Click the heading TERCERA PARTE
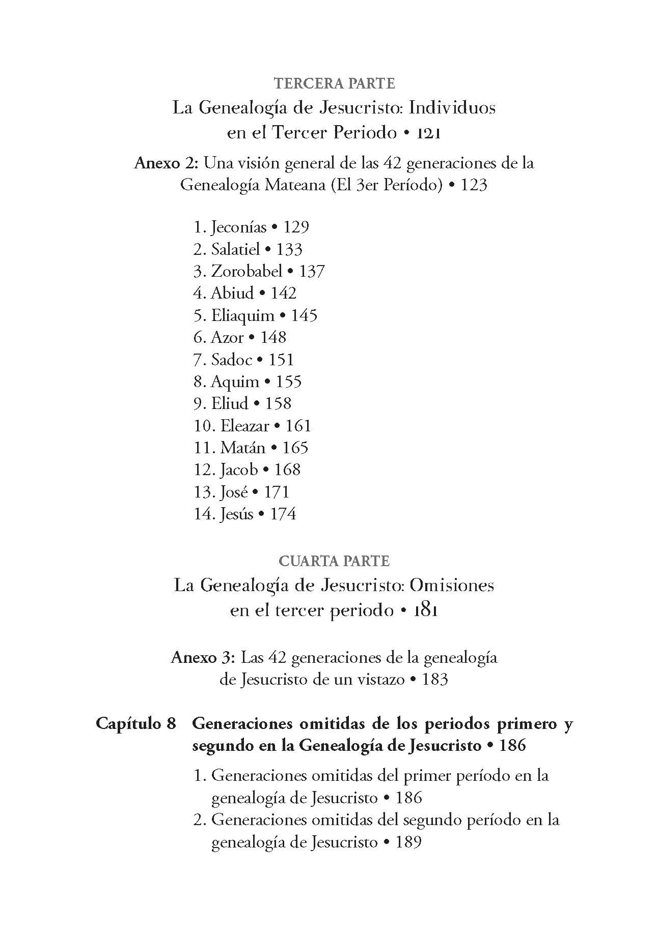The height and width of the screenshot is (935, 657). coord(334,83)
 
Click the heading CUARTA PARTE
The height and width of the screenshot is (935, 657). coord(334,561)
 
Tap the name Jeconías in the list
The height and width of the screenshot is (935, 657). coord(238,227)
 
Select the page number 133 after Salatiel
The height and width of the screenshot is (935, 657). coord(289,249)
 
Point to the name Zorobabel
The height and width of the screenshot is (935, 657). coord(247,271)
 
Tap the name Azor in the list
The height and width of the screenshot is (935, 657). coord(227,337)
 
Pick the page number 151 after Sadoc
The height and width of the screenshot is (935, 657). coord(281,360)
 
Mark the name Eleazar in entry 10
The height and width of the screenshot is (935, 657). coord(244,426)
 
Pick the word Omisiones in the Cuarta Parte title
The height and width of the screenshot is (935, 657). coord(452,586)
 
